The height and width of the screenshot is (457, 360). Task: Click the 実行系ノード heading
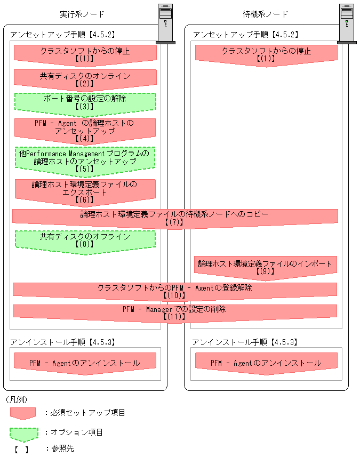click(82, 14)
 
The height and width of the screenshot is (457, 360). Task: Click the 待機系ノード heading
click(265, 14)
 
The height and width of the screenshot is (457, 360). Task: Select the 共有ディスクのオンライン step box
click(85, 79)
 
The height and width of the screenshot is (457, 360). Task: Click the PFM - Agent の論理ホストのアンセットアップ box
click(85, 130)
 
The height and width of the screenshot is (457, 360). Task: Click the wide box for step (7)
click(175, 217)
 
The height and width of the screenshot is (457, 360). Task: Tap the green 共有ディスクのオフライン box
click(85, 240)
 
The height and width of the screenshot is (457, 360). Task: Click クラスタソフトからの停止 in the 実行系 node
click(85, 54)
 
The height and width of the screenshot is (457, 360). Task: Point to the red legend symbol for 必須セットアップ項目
click(22, 413)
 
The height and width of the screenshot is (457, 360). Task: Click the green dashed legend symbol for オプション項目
click(23, 434)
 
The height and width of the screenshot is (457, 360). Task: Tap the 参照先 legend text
click(59, 448)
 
